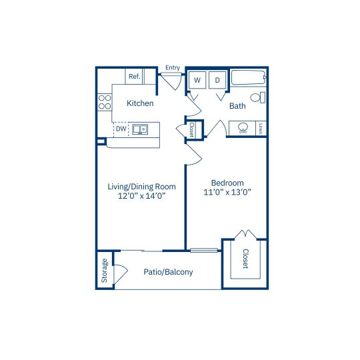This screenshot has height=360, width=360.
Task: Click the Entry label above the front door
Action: point(173,68)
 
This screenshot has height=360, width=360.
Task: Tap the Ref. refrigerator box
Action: point(134,76)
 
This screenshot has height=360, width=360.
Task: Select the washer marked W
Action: point(197,80)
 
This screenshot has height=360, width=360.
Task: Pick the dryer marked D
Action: point(217,80)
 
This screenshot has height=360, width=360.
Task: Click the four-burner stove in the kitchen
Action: point(105,102)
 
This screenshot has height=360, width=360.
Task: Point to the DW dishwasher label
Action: point(121,129)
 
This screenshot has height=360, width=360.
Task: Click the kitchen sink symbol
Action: point(140,129)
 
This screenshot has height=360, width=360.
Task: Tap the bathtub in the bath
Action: point(248,78)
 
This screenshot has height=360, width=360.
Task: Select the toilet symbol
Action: point(257,97)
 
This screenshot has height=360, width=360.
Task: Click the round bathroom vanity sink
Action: point(243,128)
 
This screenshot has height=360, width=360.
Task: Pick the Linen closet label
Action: point(261,129)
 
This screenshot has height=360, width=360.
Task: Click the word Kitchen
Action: point(140,103)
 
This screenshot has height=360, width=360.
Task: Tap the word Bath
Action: point(237,106)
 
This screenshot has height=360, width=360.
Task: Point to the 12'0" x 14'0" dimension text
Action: point(141,196)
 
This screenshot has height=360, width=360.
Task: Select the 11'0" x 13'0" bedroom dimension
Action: point(227,192)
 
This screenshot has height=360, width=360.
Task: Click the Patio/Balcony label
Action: point(168,272)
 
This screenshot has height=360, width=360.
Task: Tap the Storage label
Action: point(104,271)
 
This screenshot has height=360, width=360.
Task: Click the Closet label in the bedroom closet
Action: point(245,259)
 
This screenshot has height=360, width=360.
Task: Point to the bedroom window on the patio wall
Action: point(204,250)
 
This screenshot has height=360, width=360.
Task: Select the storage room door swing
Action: point(121,275)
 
